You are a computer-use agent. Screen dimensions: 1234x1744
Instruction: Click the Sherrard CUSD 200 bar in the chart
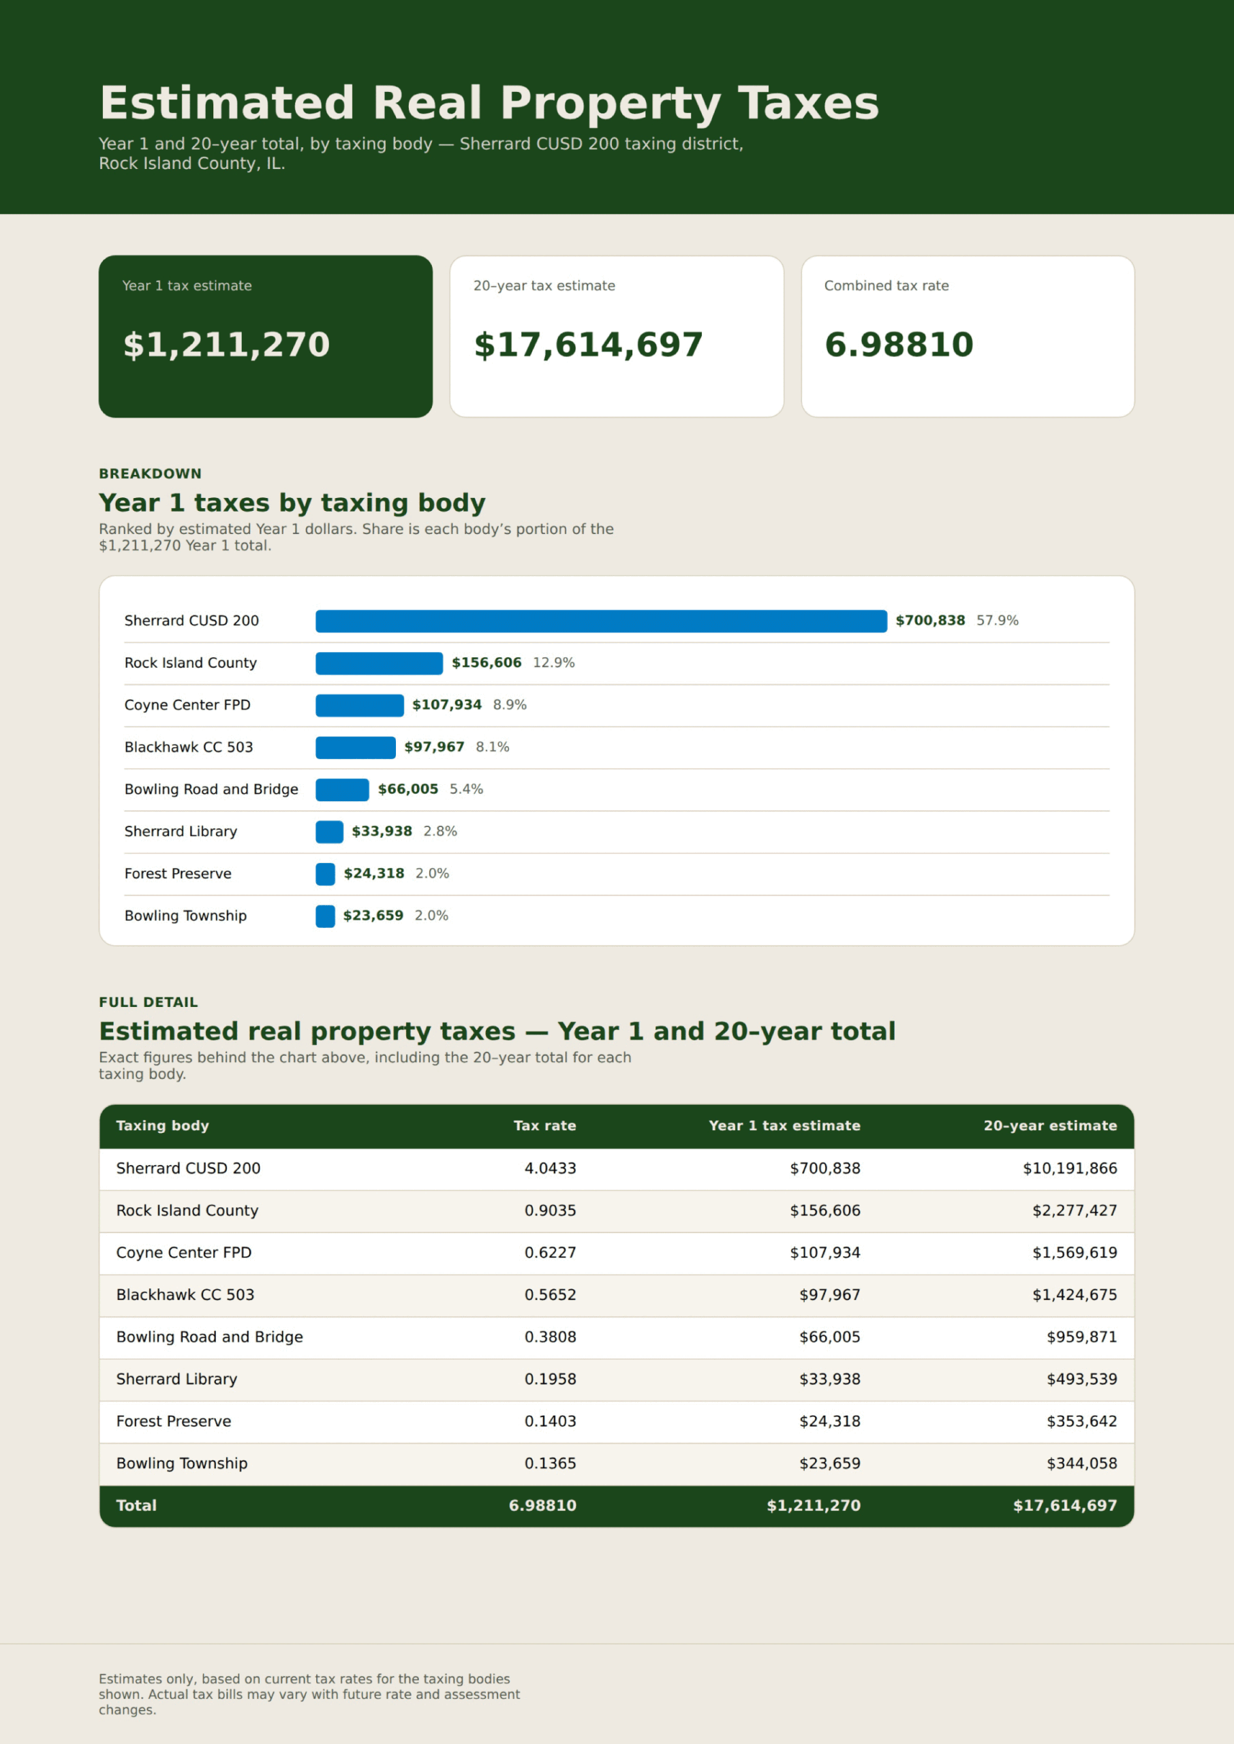(601, 621)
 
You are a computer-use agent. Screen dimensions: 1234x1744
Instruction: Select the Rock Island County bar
(379, 663)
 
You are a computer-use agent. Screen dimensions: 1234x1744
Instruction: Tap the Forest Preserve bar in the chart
(325, 873)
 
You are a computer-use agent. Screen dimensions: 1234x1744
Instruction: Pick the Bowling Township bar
(325, 916)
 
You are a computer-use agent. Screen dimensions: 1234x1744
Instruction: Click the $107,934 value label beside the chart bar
(447, 705)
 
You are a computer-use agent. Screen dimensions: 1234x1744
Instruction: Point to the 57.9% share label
(997, 621)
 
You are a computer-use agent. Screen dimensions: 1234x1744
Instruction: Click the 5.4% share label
(466, 789)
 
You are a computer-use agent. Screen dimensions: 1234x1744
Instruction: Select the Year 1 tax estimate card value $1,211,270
(226, 345)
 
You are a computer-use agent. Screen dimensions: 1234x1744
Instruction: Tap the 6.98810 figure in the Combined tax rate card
(899, 345)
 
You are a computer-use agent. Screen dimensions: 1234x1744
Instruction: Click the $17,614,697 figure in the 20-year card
(588, 345)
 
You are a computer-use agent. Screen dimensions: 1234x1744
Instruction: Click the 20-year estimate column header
(1050, 1125)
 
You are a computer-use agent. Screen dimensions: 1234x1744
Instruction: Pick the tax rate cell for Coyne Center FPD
(550, 1253)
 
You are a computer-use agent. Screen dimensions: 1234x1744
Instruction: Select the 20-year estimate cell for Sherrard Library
(1082, 1379)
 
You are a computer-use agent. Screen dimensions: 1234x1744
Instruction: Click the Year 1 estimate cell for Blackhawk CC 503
(830, 1294)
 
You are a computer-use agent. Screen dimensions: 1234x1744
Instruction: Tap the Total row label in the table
(136, 1506)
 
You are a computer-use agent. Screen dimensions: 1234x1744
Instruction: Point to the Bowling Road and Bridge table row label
(210, 1337)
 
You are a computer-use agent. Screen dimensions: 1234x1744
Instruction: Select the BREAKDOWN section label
(151, 474)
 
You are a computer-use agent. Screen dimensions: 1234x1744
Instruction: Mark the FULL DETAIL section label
(148, 1003)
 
